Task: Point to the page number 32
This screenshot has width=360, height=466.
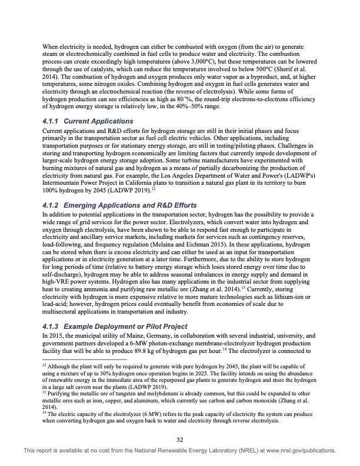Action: pyautogui.click(x=180, y=439)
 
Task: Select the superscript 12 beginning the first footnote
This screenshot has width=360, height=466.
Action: pyautogui.click(x=46, y=365)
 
